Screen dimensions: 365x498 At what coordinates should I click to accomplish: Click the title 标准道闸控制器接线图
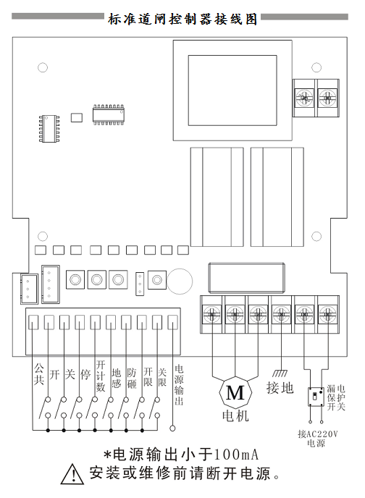[182, 20]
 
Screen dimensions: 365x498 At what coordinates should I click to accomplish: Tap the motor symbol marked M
[235, 392]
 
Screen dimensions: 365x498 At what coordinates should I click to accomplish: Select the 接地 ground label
[280, 388]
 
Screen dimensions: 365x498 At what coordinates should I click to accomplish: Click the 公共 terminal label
[39, 374]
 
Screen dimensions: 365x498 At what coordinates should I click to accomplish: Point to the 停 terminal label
[85, 374]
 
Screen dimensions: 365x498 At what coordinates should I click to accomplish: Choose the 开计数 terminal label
[101, 376]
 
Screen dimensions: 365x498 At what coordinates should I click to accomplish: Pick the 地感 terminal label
[117, 379]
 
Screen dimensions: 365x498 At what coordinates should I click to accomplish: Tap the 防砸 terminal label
[132, 379]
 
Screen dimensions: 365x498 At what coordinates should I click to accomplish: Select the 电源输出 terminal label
[179, 385]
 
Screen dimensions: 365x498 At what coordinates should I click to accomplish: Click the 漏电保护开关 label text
[336, 397]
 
